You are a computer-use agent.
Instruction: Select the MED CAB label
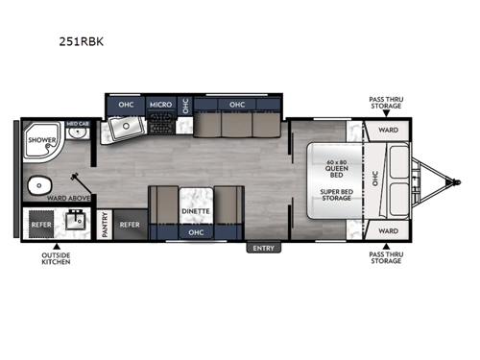pyautogui.click(x=77, y=124)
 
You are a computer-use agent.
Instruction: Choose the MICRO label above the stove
pyautogui.click(x=159, y=104)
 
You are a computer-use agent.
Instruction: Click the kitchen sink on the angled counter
pyautogui.click(x=124, y=129)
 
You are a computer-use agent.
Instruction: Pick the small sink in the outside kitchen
pyautogui.click(x=76, y=222)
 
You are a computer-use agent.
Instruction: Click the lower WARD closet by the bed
pyautogui.click(x=387, y=230)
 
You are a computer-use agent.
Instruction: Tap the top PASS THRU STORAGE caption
pyautogui.click(x=387, y=102)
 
